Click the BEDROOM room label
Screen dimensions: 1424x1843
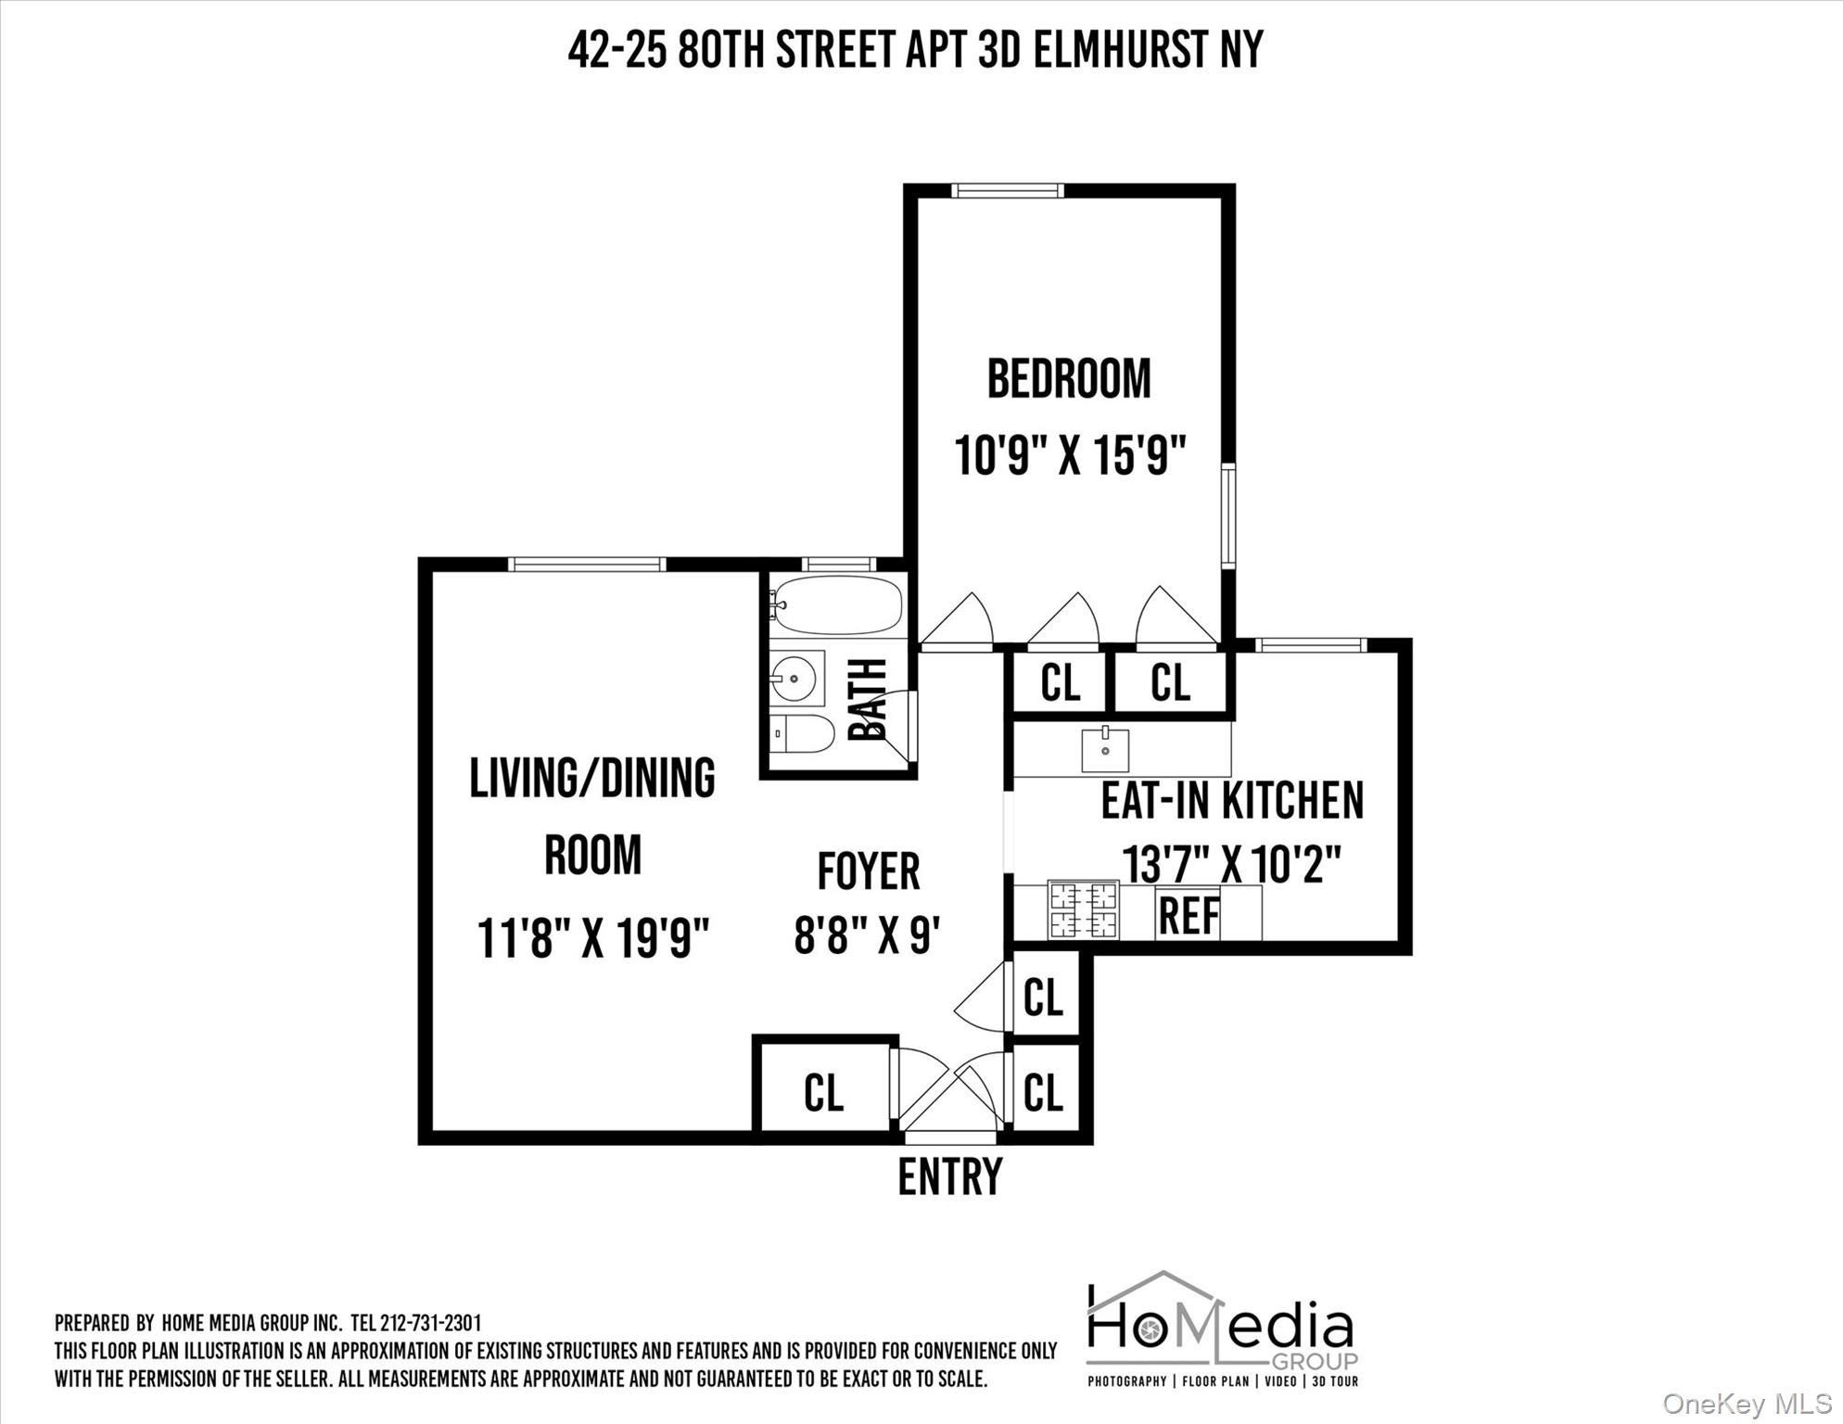click(x=1068, y=379)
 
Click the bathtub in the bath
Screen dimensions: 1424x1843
click(x=837, y=604)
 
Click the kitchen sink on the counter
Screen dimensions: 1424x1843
click(x=1105, y=750)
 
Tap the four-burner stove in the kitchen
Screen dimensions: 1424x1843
click(x=1083, y=910)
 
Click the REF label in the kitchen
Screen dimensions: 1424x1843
click(x=1188, y=916)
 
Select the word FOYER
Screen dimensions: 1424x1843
click(x=868, y=871)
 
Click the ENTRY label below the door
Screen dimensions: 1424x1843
click(x=950, y=1176)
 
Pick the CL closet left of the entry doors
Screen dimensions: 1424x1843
click(x=823, y=1092)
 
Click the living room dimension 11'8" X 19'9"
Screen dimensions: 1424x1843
click(x=592, y=938)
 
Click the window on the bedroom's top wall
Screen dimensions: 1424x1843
click(x=1007, y=192)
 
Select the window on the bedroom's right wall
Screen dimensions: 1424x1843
click(x=1228, y=516)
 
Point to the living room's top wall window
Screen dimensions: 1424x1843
click(x=586, y=565)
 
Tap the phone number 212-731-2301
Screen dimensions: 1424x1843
click(x=430, y=1323)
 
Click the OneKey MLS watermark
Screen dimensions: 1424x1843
click(x=1747, y=1405)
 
